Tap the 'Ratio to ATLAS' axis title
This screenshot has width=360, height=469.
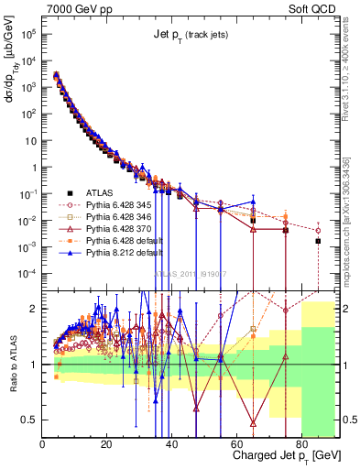(11, 364)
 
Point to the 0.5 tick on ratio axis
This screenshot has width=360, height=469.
(31, 420)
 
